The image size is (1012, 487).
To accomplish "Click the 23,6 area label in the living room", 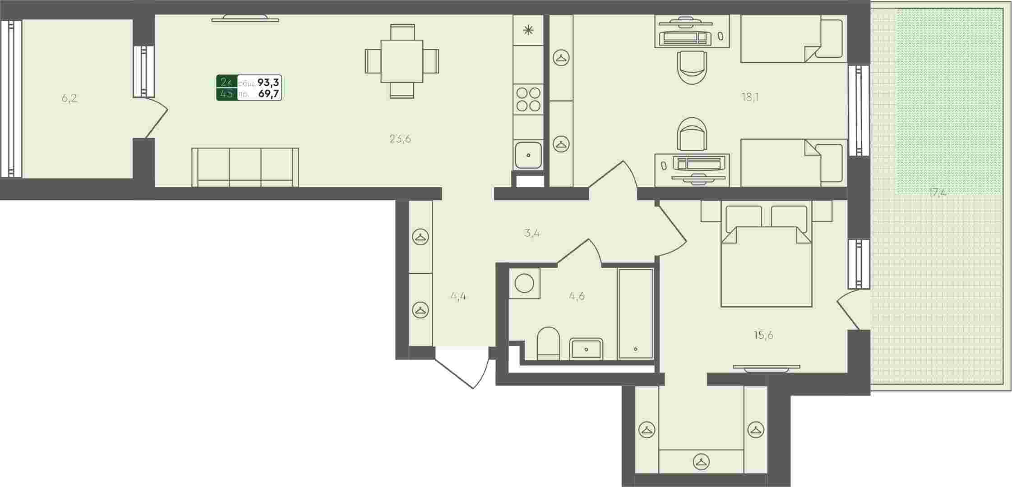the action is pos(400,139).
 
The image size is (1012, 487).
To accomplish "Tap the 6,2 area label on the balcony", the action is pos(69,98).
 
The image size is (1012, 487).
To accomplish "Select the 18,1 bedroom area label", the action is pos(750,97).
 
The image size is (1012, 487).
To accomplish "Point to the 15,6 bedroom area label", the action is pos(763,335).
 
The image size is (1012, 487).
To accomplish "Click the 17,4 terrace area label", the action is pos(937,193).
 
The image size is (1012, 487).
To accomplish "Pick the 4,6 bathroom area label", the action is pos(577,296).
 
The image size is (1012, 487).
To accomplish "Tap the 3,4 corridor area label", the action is pos(532,234).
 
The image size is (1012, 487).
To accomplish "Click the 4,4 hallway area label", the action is pos(458,296).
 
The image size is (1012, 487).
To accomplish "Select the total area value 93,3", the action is pos(268,83).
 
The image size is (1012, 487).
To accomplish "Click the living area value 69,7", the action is pos(269,94).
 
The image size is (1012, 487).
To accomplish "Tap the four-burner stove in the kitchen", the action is pos(528,99).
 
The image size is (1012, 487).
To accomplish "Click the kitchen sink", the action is pos(528,155).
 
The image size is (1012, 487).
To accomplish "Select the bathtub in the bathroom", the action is pos(635,313).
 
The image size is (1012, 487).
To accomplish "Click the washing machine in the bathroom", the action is pos(524,283).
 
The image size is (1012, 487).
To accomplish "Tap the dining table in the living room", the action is pos(402,61).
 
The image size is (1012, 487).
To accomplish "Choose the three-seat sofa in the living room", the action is pos(245,167).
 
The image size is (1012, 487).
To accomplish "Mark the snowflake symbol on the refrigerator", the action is pos(528,30).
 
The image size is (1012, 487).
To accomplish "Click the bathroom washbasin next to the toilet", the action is pos(586,349).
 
